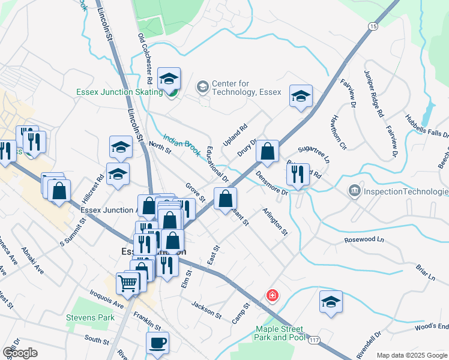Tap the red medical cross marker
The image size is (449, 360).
(x=273, y=295)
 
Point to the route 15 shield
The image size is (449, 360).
(x=373, y=26)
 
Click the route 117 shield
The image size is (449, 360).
(x=314, y=340)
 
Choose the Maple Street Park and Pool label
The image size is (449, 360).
(x=280, y=333)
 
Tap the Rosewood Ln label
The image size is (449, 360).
(x=363, y=239)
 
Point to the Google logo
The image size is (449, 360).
(x=20, y=353)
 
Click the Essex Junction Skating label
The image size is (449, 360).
(x=119, y=92)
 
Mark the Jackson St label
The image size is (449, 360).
(x=206, y=310)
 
